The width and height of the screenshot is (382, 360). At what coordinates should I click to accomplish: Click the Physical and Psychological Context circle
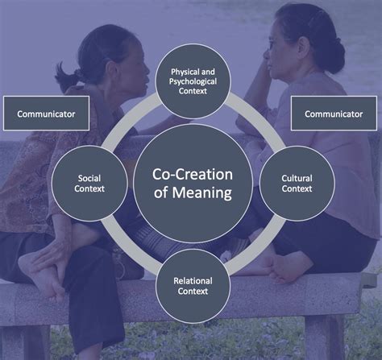pos(193,80)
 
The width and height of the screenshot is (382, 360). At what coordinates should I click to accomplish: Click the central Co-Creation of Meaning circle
pos(193,184)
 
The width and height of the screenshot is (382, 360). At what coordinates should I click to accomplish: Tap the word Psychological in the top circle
pos(193,81)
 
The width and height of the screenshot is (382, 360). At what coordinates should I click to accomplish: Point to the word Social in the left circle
pos(90,177)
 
